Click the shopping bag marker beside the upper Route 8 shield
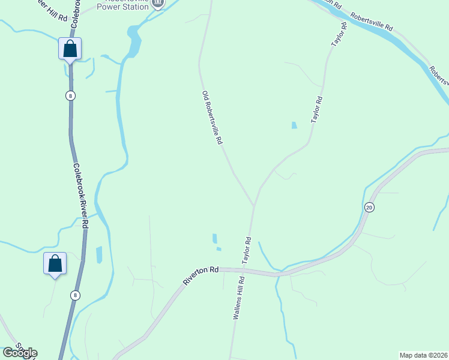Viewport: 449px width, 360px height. (x=70, y=49)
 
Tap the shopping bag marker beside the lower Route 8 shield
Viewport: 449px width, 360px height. (x=55, y=263)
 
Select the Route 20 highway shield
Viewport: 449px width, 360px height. (x=369, y=207)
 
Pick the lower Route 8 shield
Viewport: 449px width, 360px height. (x=74, y=295)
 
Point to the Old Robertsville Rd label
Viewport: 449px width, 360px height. (x=212, y=117)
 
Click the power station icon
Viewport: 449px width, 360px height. (x=157, y=4)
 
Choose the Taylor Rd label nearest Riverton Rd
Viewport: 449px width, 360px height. (x=246, y=251)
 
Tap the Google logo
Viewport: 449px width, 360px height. (x=20, y=353)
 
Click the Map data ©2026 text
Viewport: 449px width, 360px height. (x=423, y=355)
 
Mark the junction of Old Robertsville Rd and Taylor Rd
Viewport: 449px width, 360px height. (x=254, y=205)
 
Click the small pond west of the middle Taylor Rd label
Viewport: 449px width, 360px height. (x=293, y=125)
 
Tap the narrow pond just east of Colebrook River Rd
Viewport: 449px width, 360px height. (x=99, y=254)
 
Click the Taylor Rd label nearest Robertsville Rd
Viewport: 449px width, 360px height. (x=340, y=35)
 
